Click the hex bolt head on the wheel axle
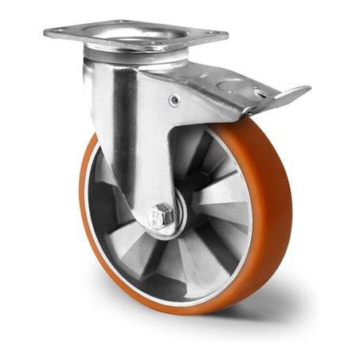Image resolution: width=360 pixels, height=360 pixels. tap(160, 215)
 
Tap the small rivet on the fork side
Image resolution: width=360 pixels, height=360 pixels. tap(174, 100)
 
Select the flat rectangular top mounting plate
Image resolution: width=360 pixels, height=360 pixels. tap(135, 33)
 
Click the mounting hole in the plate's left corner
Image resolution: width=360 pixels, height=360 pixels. tap(57, 32)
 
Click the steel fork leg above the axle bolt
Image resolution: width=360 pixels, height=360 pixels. tap(151, 143)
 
